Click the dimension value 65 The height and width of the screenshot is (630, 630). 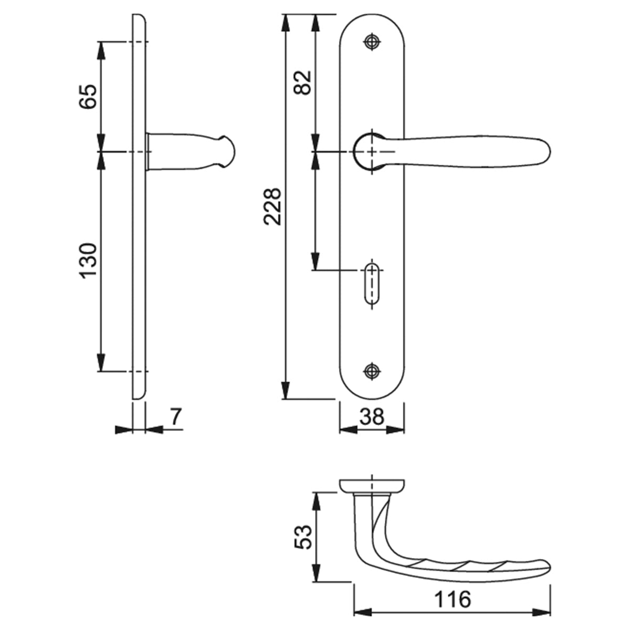click(88, 96)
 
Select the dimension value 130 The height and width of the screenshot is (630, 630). click(88, 260)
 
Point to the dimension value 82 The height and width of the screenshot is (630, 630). click(303, 82)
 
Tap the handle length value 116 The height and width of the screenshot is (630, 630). click(453, 599)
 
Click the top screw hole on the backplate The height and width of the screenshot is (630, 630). click(372, 43)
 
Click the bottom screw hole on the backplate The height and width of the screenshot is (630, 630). click(372, 370)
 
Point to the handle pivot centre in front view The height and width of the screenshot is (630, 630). click(372, 151)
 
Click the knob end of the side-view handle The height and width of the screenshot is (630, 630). click(227, 152)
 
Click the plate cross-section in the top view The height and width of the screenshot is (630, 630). click(372, 486)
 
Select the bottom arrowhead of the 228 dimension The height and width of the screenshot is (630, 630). click(285, 391)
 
